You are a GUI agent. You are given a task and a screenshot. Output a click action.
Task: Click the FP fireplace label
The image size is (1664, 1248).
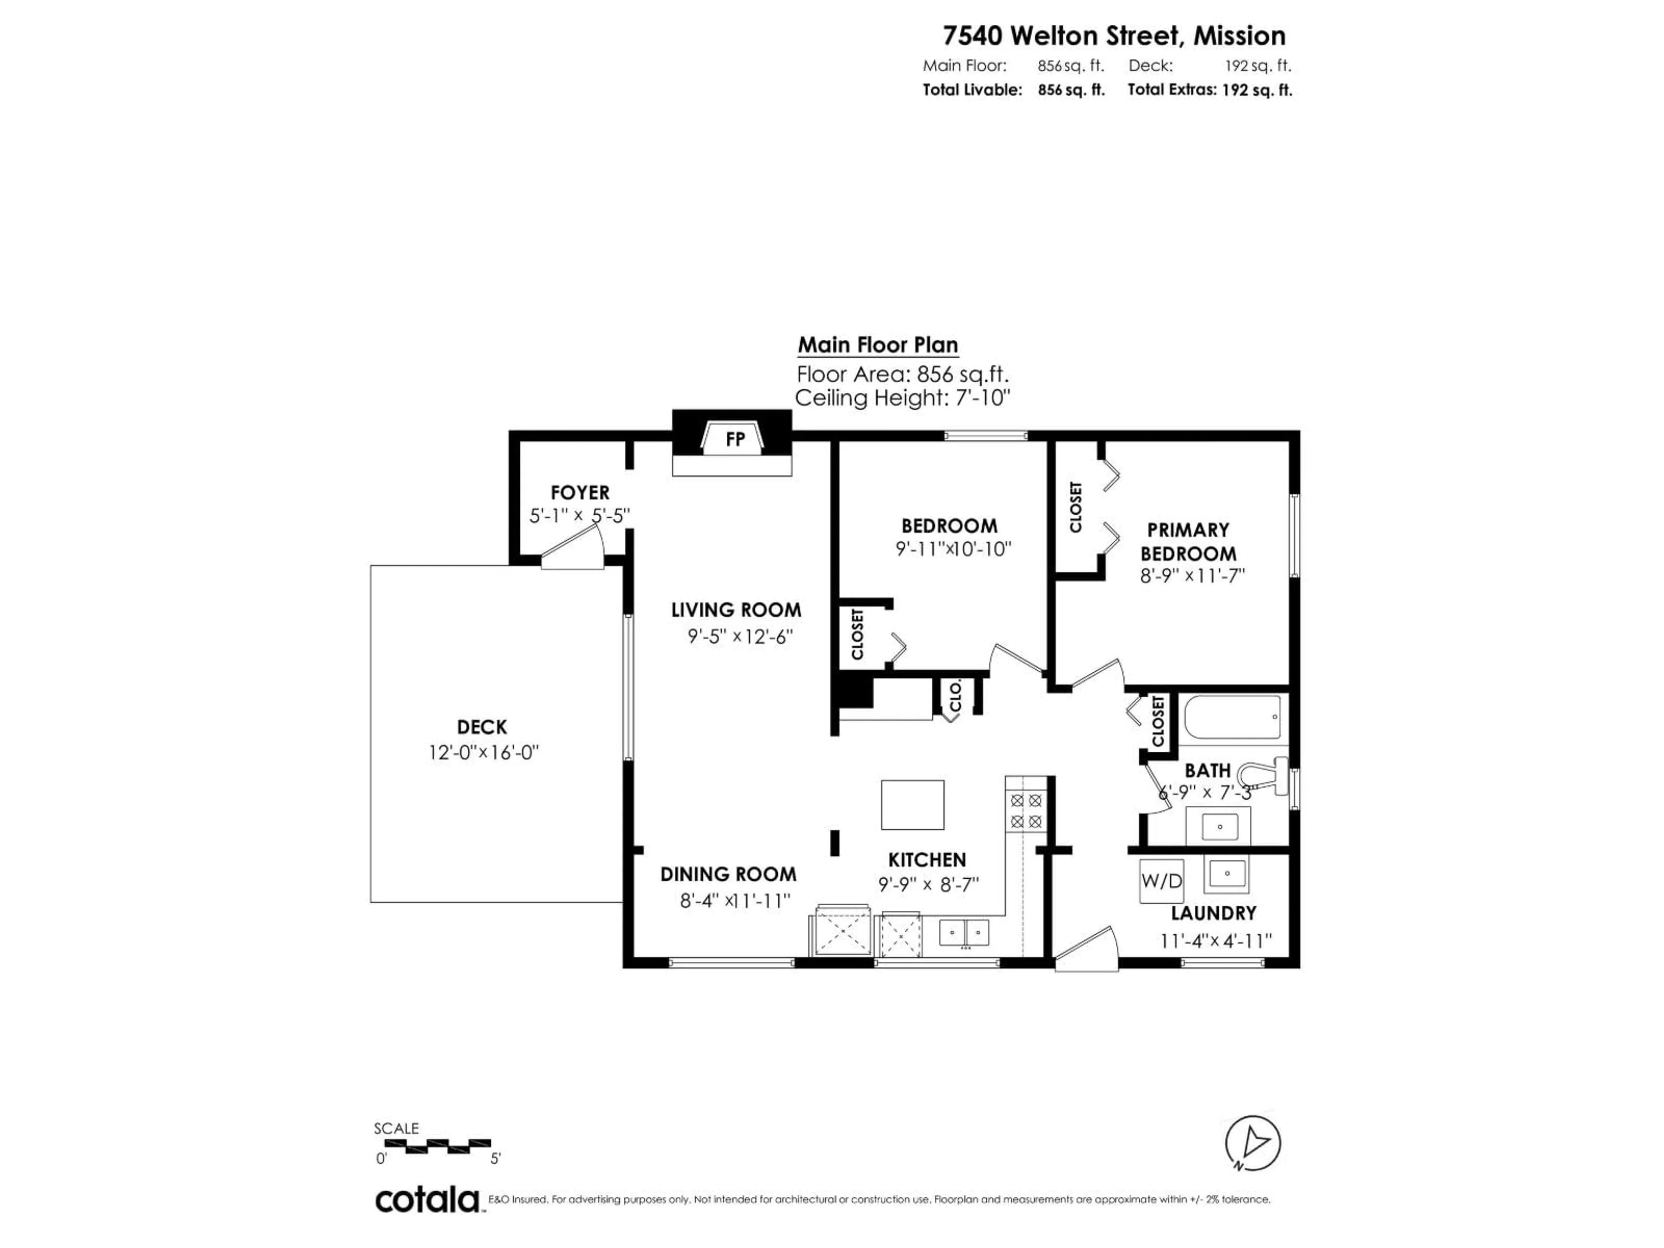click(735, 439)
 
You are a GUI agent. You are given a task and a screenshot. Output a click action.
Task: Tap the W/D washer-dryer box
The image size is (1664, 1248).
click(1161, 880)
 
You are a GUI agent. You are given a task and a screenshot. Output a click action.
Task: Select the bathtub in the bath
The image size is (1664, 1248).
click(1232, 717)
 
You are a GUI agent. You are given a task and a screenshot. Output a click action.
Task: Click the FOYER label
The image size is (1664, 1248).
click(579, 493)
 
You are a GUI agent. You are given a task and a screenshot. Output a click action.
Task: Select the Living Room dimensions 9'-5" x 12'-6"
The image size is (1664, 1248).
click(740, 637)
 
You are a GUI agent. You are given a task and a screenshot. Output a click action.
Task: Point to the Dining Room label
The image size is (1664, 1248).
click(728, 874)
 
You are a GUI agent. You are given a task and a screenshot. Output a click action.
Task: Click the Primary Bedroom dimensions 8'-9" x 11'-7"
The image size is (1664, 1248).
click(1193, 575)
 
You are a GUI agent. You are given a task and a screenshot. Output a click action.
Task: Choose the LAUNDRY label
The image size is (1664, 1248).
click(1213, 913)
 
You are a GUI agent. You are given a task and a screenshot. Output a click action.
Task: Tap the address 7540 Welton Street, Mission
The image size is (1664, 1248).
click(1114, 36)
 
